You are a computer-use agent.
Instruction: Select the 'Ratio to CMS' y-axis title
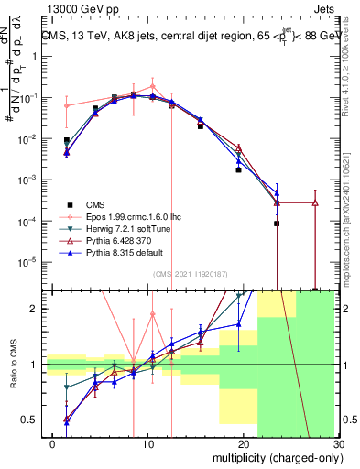(x=13, y=365)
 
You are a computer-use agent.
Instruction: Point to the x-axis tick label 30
(x=337, y=444)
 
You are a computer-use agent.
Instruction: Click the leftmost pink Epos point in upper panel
(x=66, y=105)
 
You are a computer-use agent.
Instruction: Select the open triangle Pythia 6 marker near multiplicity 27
(x=315, y=202)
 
